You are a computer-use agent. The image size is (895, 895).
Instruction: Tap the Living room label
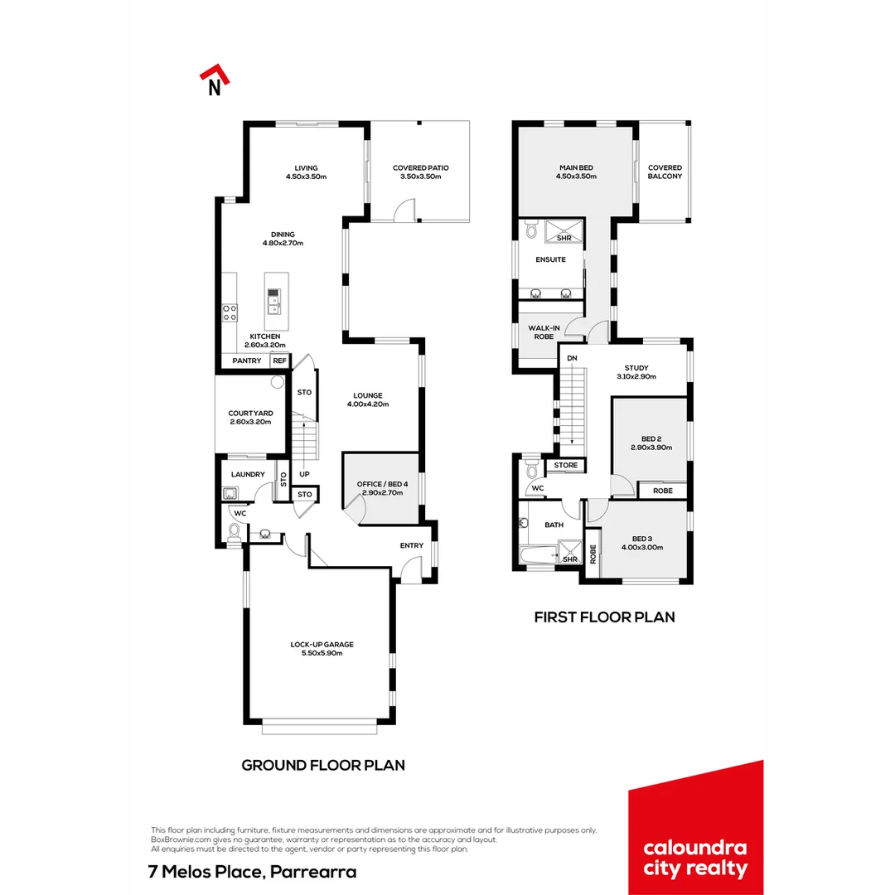[306, 168]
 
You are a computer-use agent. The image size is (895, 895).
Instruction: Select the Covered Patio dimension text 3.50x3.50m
[420, 177]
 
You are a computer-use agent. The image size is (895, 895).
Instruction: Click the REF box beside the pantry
[279, 360]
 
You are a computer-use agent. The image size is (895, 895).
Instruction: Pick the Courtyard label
[250, 413]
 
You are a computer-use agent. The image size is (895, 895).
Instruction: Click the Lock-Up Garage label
[316, 644]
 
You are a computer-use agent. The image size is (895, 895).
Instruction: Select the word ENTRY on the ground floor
[411, 545]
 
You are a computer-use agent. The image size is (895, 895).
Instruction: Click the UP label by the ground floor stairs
[304, 475]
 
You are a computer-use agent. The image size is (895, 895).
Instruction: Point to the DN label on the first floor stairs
[572, 358]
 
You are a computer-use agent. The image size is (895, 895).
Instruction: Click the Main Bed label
[576, 168]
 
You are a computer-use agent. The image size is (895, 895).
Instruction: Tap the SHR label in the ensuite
[564, 238]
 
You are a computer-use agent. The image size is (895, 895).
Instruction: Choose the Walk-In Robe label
[544, 332]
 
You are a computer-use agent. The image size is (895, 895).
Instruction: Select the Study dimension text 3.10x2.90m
[636, 377]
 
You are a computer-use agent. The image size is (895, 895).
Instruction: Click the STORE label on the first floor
[566, 466]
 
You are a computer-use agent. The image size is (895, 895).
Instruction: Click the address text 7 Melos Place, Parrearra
[252, 872]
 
